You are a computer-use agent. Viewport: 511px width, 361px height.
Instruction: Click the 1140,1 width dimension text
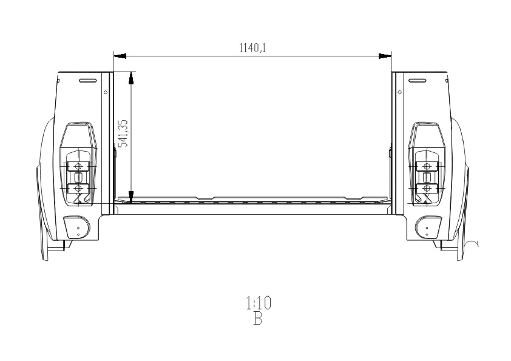(x=253, y=48)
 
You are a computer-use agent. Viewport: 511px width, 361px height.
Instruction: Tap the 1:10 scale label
(x=259, y=303)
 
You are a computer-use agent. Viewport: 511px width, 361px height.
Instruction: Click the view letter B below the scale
(x=258, y=319)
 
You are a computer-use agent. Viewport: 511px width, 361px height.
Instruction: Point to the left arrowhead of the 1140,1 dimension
(x=120, y=56)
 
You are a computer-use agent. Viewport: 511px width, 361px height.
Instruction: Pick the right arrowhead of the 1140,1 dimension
(x=385, y=56)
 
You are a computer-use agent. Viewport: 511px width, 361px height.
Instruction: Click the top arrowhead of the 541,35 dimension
(x=131, y=78)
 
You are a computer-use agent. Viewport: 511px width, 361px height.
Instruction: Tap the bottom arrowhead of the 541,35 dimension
(x=131, y=197)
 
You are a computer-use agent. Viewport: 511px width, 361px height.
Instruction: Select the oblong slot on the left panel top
(x=87, y=81)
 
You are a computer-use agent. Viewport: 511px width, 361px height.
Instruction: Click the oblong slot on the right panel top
(x=418, y=81)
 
